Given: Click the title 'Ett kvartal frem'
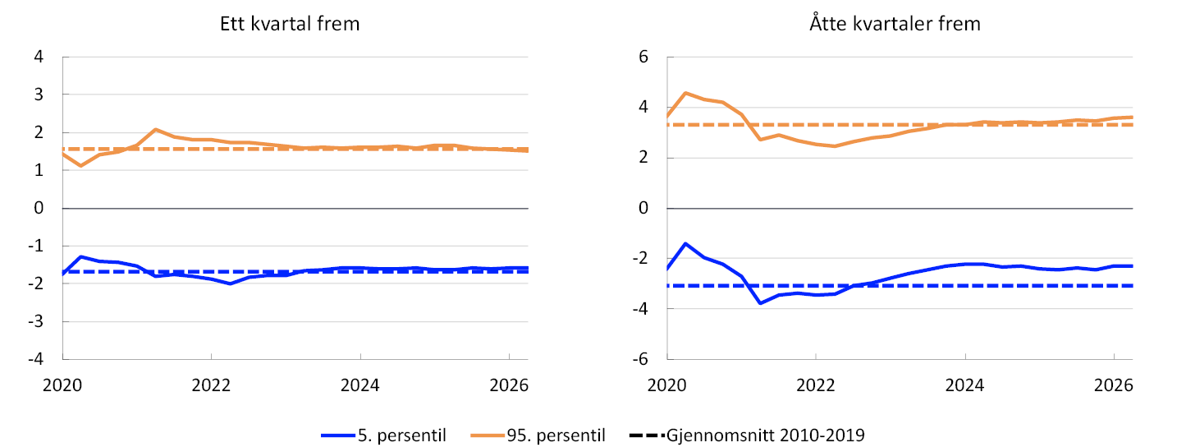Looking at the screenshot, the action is [290, 24].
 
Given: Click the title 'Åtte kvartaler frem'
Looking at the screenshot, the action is [895, 23].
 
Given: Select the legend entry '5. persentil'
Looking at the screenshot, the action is [402, 435].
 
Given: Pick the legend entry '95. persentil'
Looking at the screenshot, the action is [556, 435].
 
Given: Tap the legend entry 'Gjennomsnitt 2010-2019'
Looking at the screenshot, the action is [765, 435].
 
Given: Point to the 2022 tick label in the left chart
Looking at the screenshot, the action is [211, 385].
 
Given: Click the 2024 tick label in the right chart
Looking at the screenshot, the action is [964, 385].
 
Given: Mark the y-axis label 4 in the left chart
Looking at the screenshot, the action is [39, 56].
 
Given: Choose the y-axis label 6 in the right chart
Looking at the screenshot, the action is [643, 56].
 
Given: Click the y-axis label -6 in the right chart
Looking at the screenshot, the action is [640, 359].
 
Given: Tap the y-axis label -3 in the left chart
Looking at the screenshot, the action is [35, 321].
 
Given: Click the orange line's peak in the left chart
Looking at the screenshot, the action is [155, 129].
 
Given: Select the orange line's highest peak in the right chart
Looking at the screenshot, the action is [685, 93].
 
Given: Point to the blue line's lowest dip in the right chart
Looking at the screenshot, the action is [760, 303].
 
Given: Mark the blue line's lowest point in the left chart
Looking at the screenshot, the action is [230, 283].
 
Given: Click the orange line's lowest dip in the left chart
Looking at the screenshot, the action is [81, 166].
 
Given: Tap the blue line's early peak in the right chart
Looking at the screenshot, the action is [685, 243].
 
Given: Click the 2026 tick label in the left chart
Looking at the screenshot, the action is [509, 385].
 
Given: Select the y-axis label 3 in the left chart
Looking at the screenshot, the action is [39, 94].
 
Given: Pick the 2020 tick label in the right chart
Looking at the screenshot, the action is [666, 385].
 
